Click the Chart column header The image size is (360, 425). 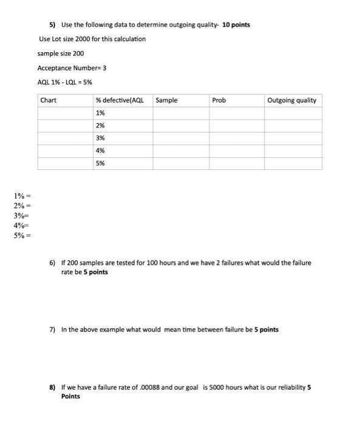coord(48,100)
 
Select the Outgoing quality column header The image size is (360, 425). coord(291,100)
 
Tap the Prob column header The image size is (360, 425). coord(219,100)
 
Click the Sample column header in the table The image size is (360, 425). coord(166,100)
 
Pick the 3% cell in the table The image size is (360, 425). coord(100,138)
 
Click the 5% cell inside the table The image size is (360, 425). coord(100,163)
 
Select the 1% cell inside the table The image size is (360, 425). coord(100,113)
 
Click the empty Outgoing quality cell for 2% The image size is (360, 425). coord(293,126)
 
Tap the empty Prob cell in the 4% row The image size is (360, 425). coord(236,151)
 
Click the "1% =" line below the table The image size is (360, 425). coord(22,196)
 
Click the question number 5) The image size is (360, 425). coord(53,25)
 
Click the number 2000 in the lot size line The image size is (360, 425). coord(82,39)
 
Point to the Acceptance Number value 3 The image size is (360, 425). coord(104,68)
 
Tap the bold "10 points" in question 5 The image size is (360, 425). coord(236,25)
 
